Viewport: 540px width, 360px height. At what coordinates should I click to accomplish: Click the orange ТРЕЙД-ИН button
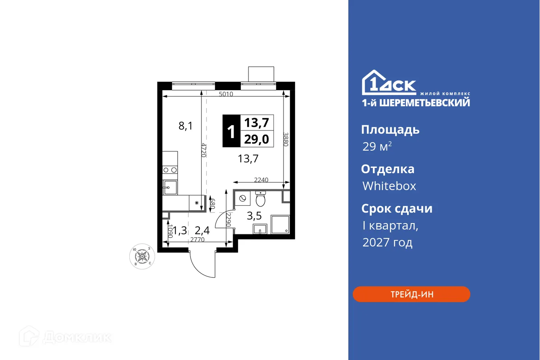[411, 294]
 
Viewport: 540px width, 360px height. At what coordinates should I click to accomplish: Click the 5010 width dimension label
[226, 95]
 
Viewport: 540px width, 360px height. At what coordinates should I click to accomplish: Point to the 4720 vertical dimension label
[204, 150]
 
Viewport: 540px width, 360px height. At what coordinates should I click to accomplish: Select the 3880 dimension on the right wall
[286, 139]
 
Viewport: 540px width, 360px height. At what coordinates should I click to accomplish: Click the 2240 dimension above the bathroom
[261, 180]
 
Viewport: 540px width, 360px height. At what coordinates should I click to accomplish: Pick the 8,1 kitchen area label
[186, 126]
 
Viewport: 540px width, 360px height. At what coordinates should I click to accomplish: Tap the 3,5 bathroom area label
[254, 216]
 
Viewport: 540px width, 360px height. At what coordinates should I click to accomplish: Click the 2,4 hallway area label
[202, 231]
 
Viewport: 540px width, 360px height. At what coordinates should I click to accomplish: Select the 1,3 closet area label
[180, 231]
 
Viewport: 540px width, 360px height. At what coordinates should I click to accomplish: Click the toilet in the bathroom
[261, 199]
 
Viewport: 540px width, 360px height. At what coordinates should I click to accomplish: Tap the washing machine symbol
[243, 199]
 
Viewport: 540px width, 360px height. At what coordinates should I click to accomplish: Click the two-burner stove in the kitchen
[170, 170]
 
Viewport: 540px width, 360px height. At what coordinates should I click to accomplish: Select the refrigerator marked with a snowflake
[197, 203]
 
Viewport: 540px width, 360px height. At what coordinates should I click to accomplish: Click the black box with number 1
[231, 131]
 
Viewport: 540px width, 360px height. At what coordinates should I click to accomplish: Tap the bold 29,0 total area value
[257, 139]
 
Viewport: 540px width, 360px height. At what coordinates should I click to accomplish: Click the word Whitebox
[389, 186]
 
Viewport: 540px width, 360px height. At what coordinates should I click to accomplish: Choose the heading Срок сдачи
[396, 209]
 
